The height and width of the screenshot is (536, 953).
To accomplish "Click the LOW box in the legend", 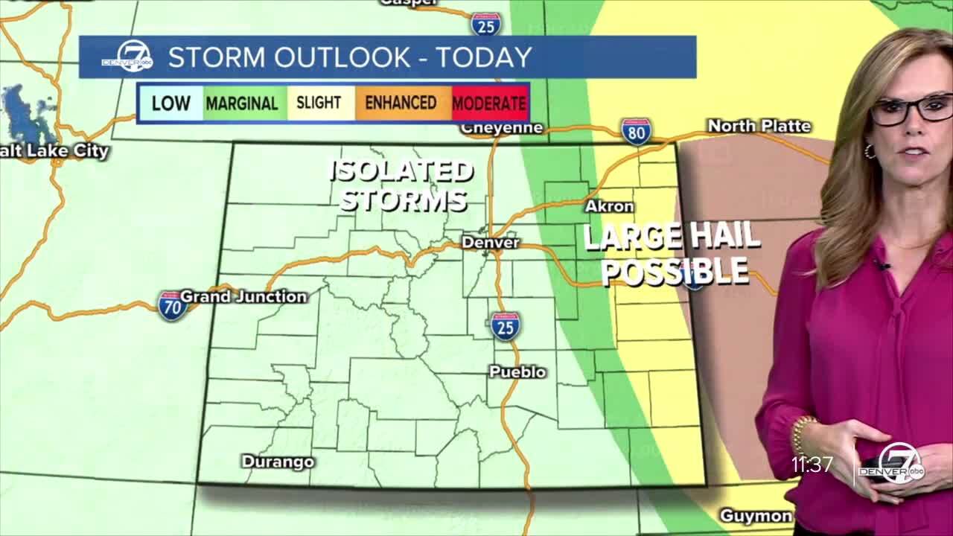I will [x=170, y=103].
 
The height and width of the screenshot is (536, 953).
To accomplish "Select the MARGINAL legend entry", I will [x=241, y=103].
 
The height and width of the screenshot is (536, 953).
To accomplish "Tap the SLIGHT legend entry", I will [x=319, y=102].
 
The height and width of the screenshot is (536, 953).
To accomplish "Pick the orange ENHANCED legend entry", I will [x=401, y=102].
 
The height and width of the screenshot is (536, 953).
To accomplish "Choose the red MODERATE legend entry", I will [x=489, y=103].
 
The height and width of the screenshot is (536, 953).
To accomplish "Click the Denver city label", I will [x=490, y=243].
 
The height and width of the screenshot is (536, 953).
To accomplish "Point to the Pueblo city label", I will [x=517, y=371].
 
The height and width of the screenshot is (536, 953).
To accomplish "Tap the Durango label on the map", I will [x=278, y=462].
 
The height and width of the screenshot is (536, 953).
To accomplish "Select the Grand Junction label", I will [x=243, y=296].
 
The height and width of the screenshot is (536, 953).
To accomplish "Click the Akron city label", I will [x=609, y=206].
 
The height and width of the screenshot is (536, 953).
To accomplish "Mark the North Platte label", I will [x=759, y=126].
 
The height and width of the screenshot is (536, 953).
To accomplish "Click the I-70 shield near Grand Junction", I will [x=172, y=305].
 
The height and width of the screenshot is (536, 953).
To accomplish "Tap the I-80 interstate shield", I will [x=636, y=131].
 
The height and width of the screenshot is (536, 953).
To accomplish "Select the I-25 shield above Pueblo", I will [x=505, y=326].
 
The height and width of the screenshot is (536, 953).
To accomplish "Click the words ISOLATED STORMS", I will [x=403, y=185].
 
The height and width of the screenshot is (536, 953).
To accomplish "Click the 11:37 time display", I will [x=812, y=465].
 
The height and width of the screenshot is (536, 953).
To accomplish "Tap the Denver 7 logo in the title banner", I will [x=127, y=57].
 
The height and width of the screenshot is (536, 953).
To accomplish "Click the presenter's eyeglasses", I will [x=911, y=109].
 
